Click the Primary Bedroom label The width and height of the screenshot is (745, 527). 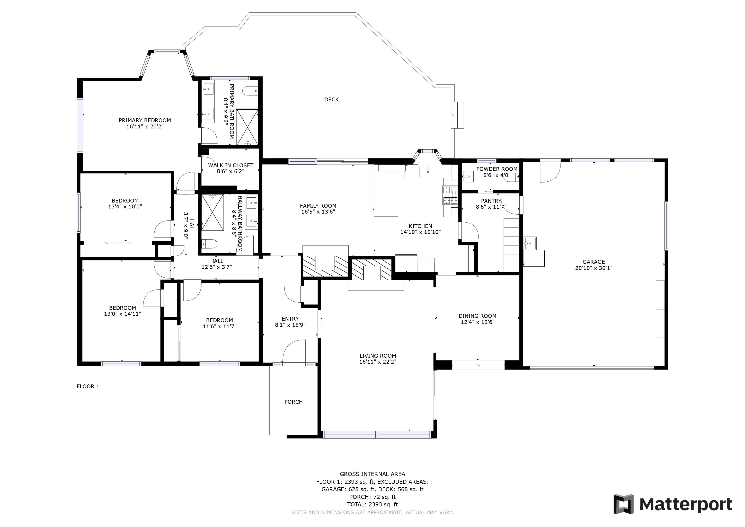click(x=145, y=120)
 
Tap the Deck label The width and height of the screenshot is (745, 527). click(x=331, y=100)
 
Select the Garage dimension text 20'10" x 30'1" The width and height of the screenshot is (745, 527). click(x=593, y=268)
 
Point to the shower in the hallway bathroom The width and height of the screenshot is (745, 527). click(x=212, y=213)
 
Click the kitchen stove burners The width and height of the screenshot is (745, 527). click(x=450, y=195)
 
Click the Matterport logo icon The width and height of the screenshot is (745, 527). click(x=623, y=504)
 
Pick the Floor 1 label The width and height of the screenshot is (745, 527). click(x=88, y=387)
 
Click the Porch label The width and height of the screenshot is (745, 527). click(x=293, y=402)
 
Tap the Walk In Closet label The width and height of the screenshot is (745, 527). click(x=231, y=165)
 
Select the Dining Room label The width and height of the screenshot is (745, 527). click(x=477, y=316)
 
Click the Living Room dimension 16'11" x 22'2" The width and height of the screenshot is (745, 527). click(x=378, y=362)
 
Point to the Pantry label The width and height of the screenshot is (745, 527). click(x=491, y=201)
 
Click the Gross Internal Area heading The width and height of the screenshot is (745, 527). click(x=372, y=474)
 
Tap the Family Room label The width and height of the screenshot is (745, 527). click(x=318, y=206)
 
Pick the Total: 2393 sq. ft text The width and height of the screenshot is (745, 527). click(x=372, y=505)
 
